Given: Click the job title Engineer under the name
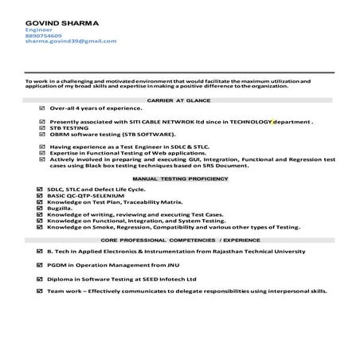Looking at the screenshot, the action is [39, 29].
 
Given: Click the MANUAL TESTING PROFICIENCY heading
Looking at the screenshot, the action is [179, 179].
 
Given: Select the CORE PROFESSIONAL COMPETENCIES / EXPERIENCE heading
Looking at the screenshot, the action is [179, 239].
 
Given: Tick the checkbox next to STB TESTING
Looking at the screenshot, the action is [41, 129].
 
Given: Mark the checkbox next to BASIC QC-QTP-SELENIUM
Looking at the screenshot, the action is [41, 195].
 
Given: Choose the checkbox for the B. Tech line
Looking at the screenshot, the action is [41, 251].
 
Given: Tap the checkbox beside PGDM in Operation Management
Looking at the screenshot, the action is [41, 264].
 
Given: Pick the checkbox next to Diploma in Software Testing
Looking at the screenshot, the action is [41, 279].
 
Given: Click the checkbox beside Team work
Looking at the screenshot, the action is [41, 292].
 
